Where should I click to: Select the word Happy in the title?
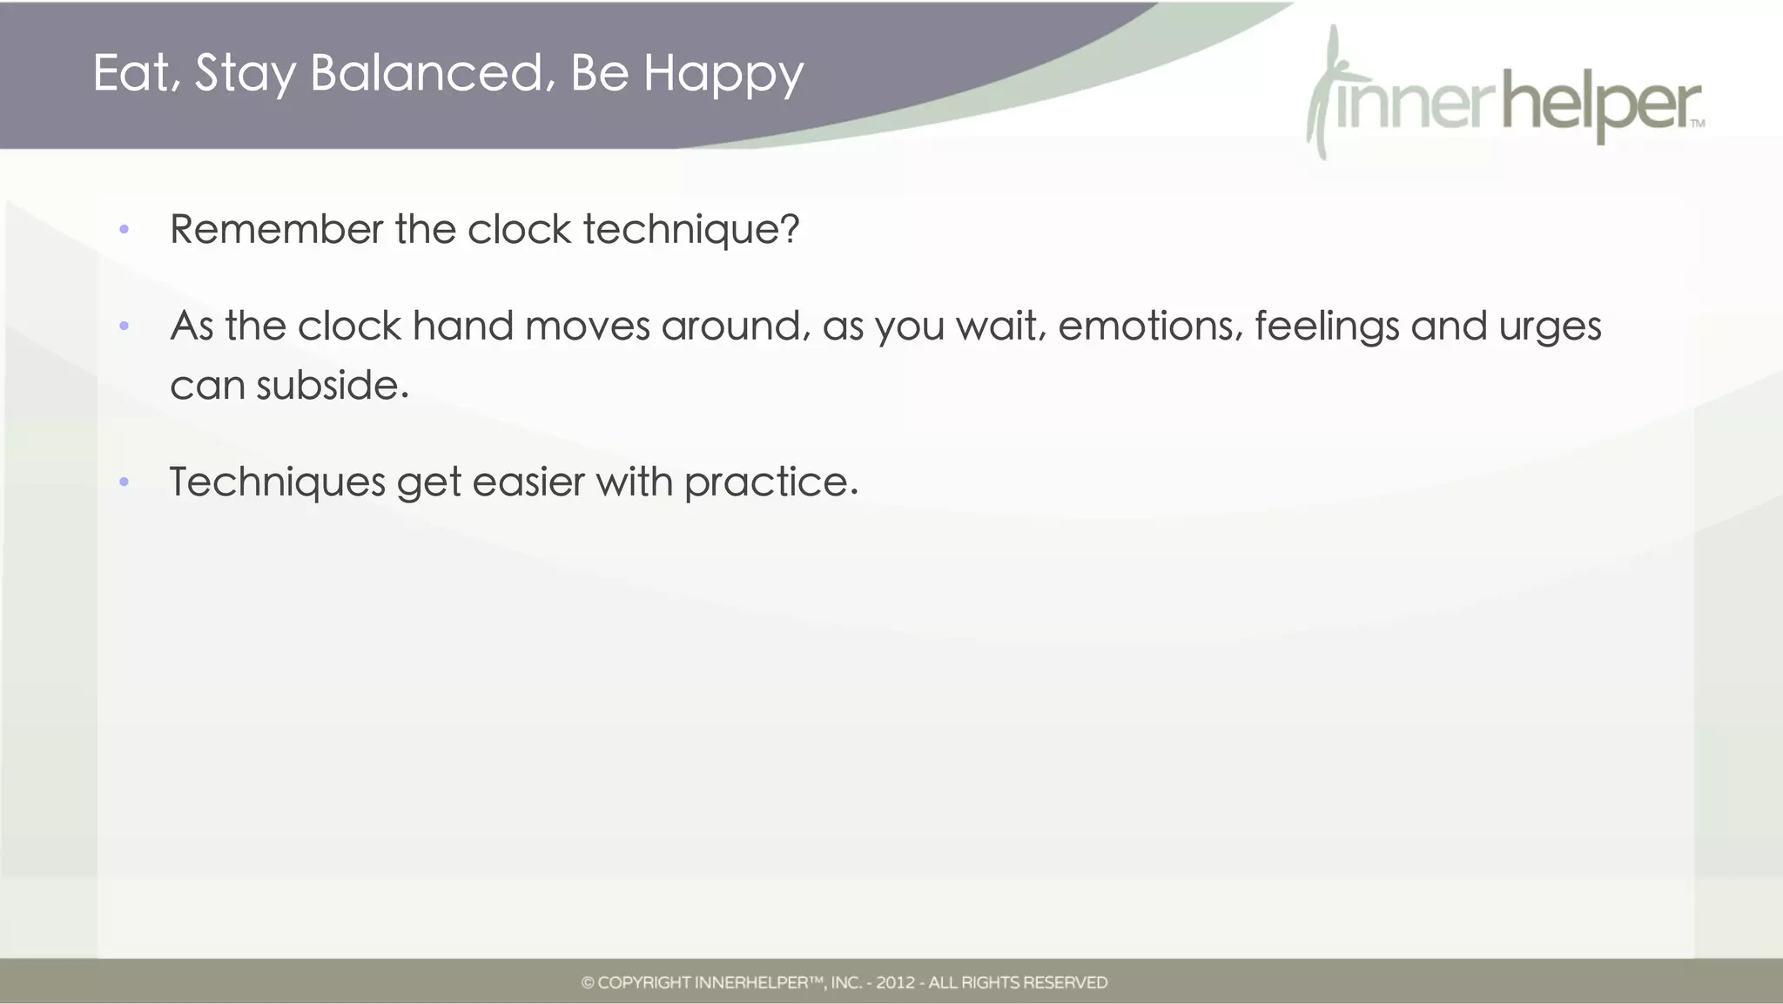coord(723,75)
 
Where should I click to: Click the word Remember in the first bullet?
coord(276,230)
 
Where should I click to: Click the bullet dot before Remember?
coord(124,230)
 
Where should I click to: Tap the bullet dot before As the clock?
coord(124,327)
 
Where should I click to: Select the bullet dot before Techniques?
coord(124,482)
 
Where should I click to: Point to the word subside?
coord(332,386)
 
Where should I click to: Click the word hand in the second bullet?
coord(462,327)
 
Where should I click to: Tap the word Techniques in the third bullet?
coord(277,483)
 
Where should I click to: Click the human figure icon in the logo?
coord(1326,91)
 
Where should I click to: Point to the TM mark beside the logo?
coord(1698,124)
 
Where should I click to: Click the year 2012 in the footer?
coord(895,983)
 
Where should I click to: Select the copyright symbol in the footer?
coord(588,983)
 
